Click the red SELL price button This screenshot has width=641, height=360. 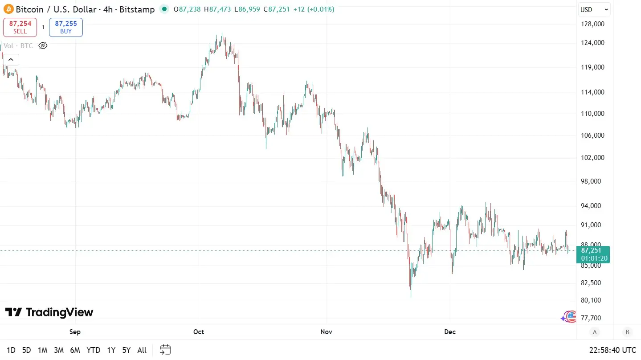coord(20,27)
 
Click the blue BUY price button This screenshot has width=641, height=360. coord(66,27)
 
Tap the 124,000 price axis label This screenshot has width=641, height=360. coord(592,43)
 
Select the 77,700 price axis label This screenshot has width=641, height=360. coord(591,318)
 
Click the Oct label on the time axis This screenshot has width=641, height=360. coord(199,332)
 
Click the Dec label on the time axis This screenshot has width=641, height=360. coord(450,332)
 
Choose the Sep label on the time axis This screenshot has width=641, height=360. coord(75,332)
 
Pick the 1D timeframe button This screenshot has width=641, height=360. coord(11,350)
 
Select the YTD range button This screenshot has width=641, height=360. coord(93,350)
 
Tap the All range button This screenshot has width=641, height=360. coord(142,350)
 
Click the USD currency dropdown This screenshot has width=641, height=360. coord(594,9)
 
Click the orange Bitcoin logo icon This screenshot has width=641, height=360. coord(8,9)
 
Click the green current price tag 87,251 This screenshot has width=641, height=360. coord(594,254)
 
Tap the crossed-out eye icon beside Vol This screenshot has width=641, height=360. coord(43,45)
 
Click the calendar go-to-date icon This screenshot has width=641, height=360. coord(165,350)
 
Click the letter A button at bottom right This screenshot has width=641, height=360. coord(594,332)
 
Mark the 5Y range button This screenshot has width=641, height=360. coord(127,350)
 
